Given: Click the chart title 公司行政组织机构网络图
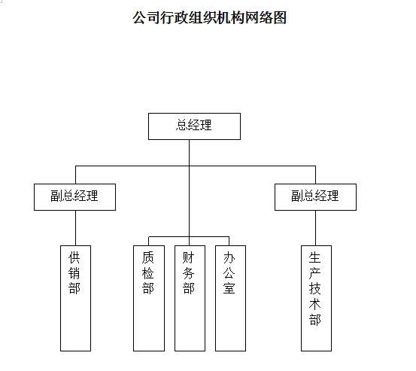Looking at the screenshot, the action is (209, 18).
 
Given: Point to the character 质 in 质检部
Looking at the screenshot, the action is (147, 257).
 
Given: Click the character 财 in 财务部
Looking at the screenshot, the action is (189, 257).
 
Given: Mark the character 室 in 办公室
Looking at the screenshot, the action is (229, 288).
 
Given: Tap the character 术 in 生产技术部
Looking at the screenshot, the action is (315, 304).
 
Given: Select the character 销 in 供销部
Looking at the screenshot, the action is (74, 273).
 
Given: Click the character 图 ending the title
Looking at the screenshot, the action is (280, 18).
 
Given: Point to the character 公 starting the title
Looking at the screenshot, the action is (140, 18).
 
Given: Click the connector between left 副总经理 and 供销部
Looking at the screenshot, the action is (76, 228).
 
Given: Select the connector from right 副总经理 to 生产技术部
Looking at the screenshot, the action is (316, 228).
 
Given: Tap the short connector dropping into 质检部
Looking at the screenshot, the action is (149, 241).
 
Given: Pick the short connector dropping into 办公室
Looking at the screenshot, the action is (229, 241).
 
